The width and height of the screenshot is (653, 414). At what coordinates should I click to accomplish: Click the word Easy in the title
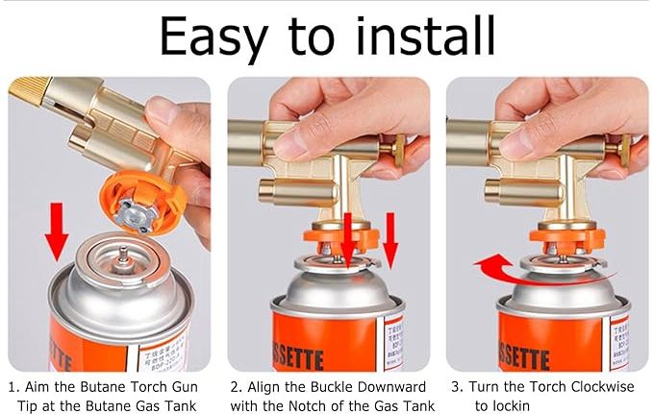pyautogui.click(x=218, y=36)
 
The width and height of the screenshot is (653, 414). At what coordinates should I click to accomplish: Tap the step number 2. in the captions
pyautogui.click(x=236, y=387)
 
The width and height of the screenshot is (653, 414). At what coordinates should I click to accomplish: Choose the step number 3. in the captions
pyautogui.click(x=457, y=387)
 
